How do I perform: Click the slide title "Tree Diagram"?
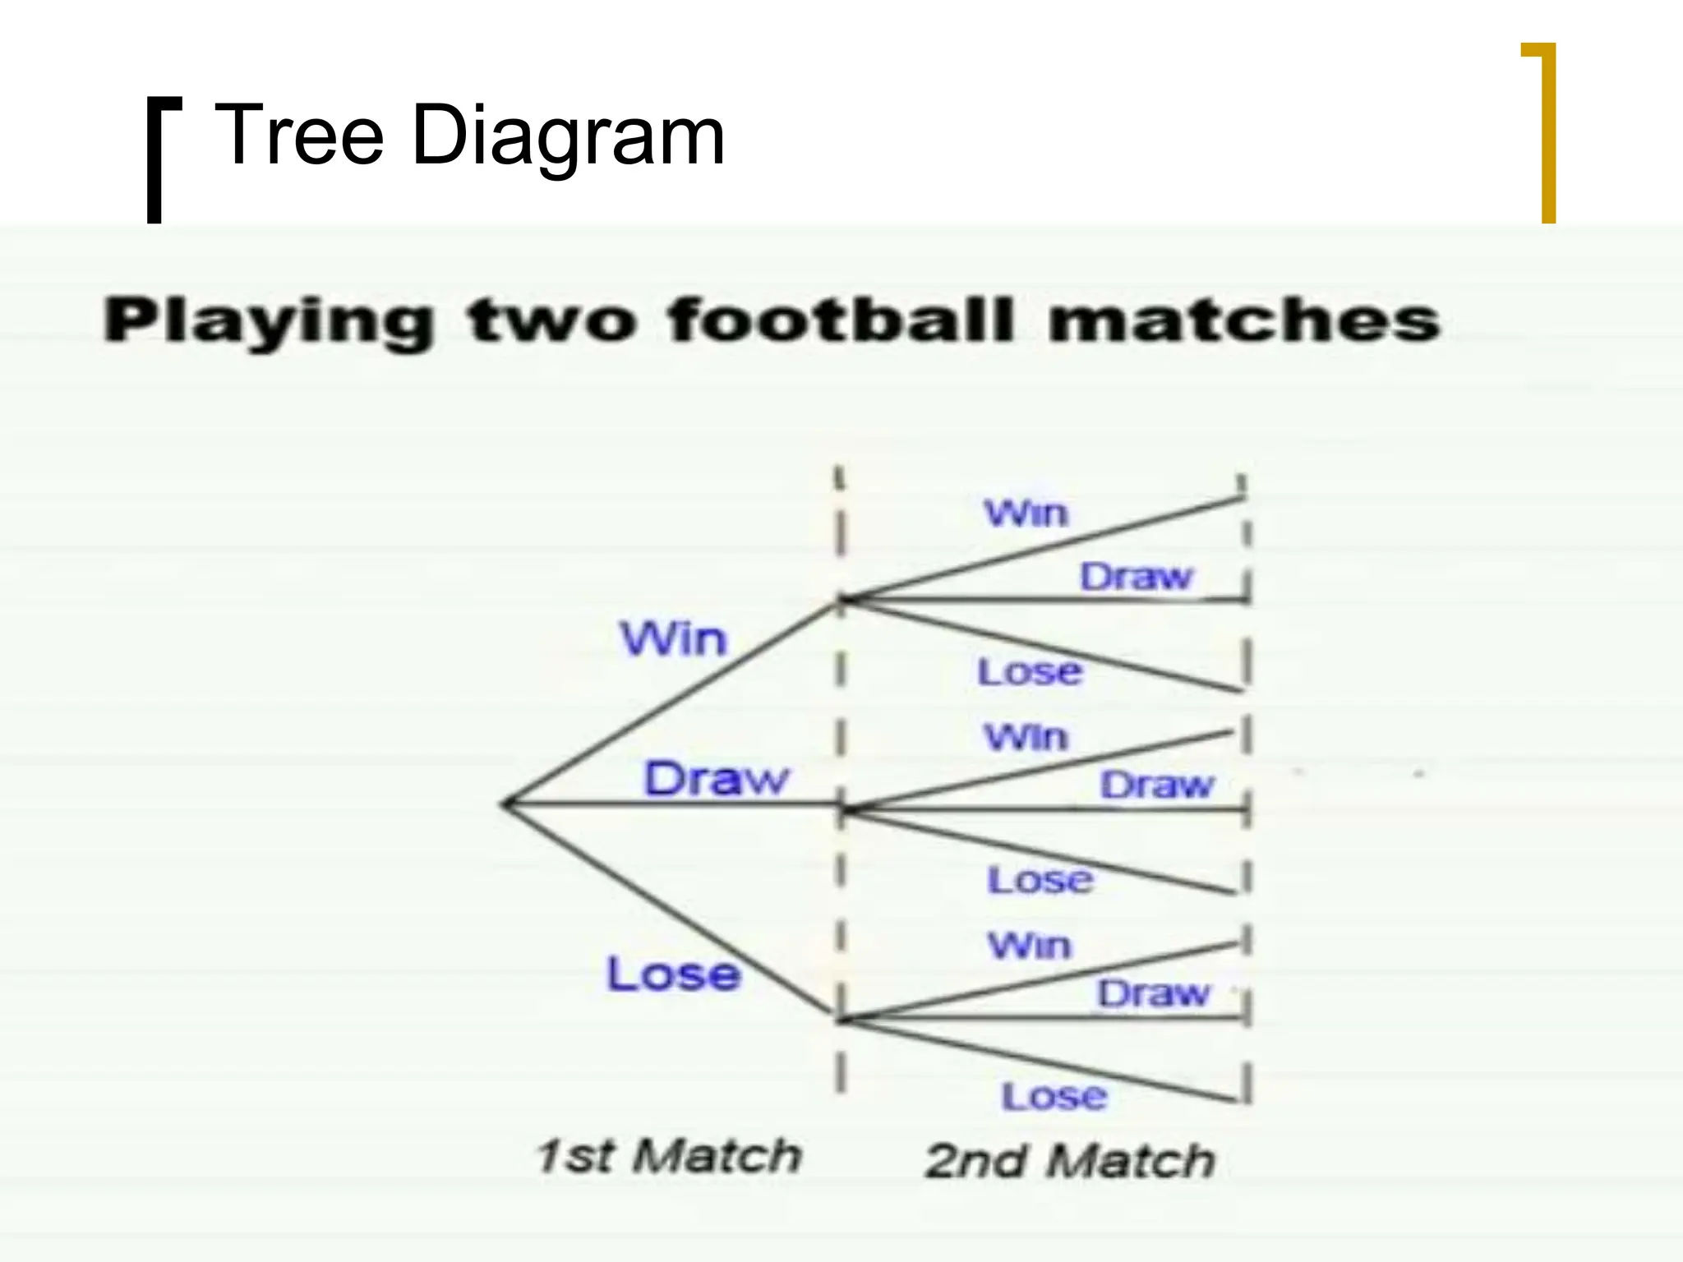[468, 135]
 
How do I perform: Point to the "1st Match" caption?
[668, 1155]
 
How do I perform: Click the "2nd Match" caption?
[1069, 1160]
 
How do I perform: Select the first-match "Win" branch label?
[674, 638]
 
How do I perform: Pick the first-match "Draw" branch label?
[716, 778]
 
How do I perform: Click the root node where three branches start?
[505, 804]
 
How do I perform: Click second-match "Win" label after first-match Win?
[1026, 514]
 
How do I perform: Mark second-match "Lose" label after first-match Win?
[1030, 672]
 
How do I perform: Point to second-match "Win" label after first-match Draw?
[1026, 737]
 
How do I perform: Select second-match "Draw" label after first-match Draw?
[1156, 785]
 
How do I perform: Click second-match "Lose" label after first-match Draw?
[1040, 880]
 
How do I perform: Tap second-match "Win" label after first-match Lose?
[1030, 946]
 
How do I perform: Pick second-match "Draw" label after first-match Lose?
[1154, 993]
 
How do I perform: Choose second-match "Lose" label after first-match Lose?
[1054, 1096]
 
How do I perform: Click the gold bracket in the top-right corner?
[1547, 131]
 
